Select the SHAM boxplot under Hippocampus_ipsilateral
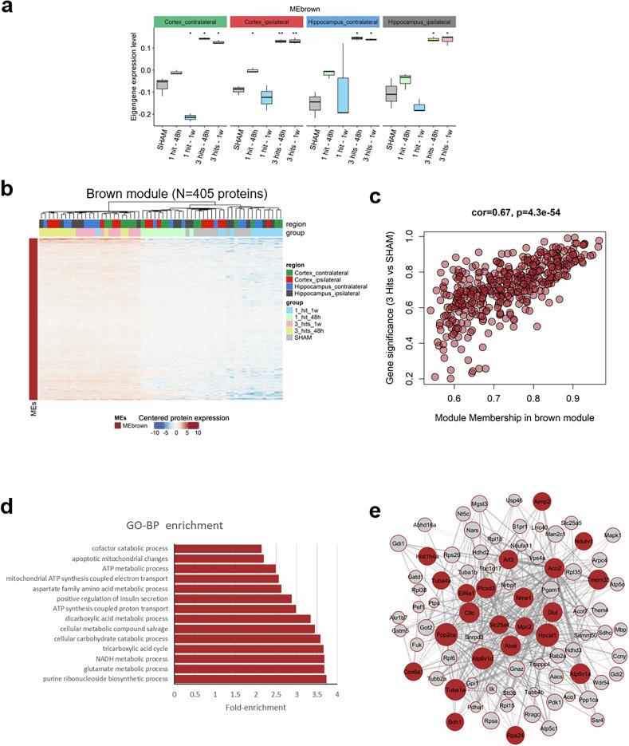391,93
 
